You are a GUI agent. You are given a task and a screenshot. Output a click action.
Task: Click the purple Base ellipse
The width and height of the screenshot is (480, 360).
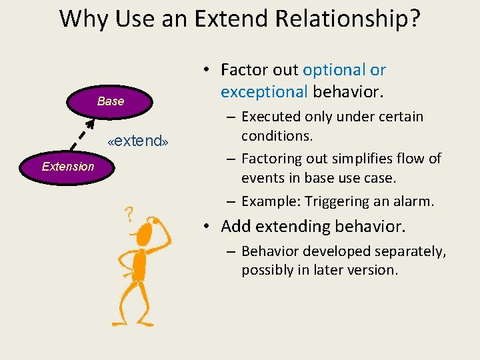point(111,101)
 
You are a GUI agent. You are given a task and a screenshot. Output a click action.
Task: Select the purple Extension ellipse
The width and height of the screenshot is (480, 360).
point(68,167)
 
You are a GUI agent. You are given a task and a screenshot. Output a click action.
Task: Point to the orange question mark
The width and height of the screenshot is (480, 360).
point(129,214)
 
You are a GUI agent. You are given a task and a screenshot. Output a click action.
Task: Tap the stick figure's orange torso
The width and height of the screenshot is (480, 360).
point(139,265)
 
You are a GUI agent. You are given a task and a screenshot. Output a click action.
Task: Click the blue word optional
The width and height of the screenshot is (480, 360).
point(335,70)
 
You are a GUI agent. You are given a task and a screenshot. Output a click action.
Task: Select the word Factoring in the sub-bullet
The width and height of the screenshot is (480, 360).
point(273,159)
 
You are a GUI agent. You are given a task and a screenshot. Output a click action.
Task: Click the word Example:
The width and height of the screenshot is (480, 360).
point(272,201)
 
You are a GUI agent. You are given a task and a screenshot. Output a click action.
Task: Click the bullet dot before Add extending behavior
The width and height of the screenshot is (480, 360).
point(208,227)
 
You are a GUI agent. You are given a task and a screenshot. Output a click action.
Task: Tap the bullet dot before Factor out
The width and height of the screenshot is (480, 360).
point(208,70)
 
